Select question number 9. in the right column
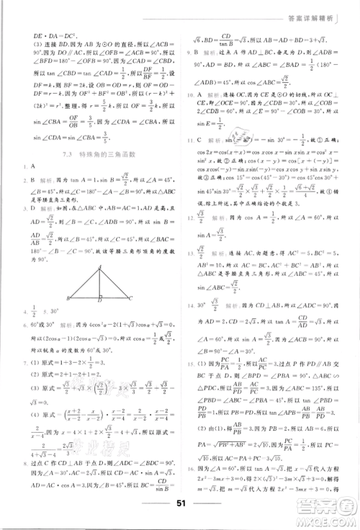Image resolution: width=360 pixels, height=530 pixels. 188,52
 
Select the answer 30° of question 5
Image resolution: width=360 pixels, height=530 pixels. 55,311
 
